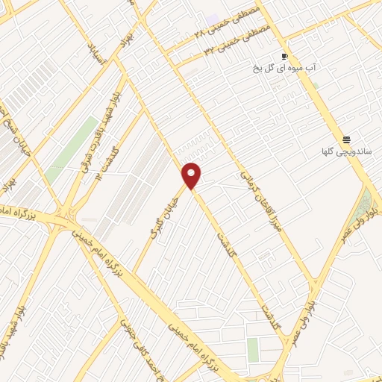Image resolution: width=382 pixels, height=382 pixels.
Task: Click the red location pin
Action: coord(192,175)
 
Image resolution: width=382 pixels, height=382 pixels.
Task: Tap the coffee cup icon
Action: coord(284,57)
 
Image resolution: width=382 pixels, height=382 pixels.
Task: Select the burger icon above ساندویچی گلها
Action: coord(346,140)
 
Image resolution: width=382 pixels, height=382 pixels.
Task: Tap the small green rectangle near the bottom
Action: coord(253,349)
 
